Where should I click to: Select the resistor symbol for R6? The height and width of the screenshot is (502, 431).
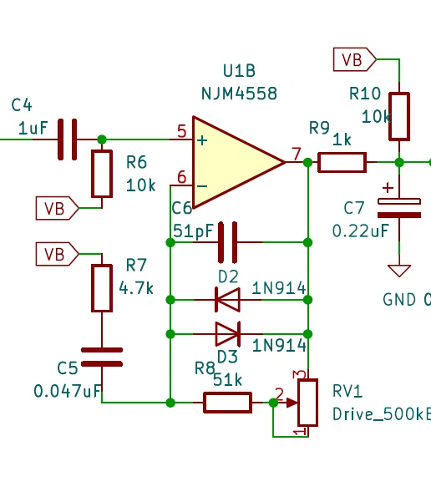coord(102,174)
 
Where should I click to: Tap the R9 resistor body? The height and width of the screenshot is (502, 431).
coord(342,162)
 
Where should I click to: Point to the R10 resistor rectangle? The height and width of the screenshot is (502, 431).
coord(399,117)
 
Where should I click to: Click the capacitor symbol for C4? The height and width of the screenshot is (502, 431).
coord(68,139)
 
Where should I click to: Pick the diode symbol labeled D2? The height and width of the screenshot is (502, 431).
coord(228,300)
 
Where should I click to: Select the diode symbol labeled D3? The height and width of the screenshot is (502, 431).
coord(228,334)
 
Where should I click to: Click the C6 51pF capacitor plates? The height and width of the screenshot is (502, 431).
coord(228,242)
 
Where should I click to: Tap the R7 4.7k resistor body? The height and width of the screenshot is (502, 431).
coord(102,288)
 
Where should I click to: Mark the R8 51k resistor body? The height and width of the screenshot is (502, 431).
coord(227,403)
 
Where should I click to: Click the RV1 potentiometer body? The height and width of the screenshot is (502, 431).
coord(307,403)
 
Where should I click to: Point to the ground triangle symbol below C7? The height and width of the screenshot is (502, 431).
coord(399,271)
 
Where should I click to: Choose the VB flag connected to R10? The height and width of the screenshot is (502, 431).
coord(355,59)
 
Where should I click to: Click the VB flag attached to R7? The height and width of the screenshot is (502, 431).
coord(58,254)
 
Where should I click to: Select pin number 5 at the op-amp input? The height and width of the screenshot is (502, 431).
coord(182,131)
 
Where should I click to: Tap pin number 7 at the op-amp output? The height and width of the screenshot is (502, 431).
coord(297,154)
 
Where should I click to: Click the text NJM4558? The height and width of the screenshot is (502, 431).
coord(239,94)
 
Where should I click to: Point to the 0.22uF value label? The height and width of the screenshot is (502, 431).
coord(361,231)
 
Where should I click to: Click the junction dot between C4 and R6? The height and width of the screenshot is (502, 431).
coord(102,139)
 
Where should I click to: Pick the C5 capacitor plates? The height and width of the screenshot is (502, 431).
coord(102,357)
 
